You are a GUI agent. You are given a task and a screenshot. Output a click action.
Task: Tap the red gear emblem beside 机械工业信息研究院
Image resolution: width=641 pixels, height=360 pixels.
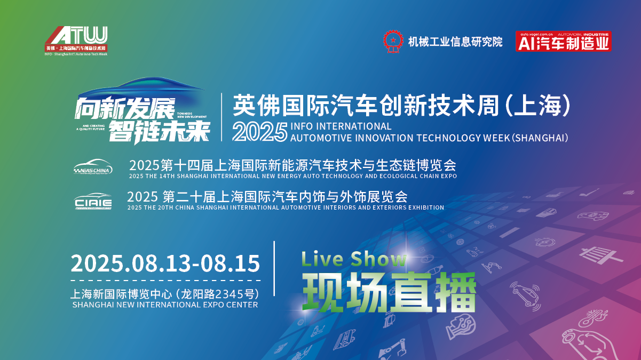392,41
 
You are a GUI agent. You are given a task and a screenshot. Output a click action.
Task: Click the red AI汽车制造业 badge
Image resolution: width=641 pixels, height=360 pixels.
563,41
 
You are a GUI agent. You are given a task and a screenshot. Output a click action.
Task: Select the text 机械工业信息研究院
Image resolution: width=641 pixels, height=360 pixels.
455,42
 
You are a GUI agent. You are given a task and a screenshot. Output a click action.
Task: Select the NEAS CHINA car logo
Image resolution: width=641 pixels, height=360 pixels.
93,167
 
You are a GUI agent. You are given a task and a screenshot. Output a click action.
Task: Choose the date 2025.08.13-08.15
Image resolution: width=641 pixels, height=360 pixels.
165,263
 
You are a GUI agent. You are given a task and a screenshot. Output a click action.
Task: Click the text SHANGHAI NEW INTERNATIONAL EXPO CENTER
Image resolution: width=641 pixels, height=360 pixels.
165,305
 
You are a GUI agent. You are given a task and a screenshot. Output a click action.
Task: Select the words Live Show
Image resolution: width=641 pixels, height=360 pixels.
354,259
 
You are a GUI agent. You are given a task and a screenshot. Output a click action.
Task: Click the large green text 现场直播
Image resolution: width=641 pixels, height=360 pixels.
389,292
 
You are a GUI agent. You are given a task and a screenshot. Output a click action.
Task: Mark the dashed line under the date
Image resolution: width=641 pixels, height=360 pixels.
165,280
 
